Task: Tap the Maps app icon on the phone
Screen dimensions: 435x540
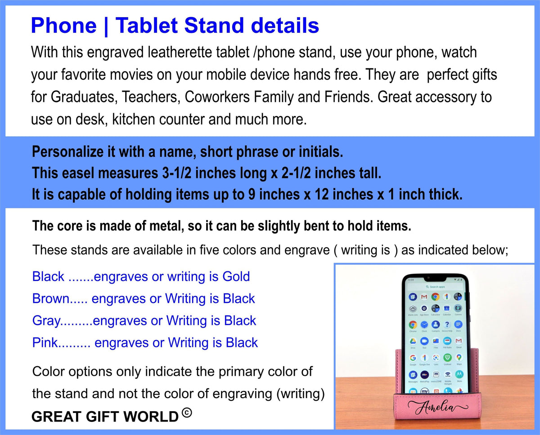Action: point(459,358)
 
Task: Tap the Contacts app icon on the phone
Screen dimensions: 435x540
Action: point(435,324)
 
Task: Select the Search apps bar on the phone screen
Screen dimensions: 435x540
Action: point(435,286)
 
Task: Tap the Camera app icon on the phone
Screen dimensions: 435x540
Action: point(458,308)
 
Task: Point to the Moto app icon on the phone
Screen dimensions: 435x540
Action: point(459,374)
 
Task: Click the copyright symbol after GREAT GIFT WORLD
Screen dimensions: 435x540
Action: point(187,413)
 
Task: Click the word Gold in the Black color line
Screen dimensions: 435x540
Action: point(236,276)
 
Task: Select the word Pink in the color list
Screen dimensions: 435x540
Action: point(45,343)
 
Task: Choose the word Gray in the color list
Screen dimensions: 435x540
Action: point(46,320)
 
